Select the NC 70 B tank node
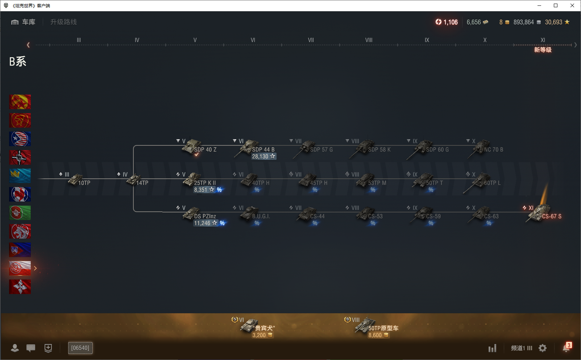click(x=482, y=148)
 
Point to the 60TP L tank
click(x=482, y=181)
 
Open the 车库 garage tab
click(x=24, y=22)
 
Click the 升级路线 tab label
click(x=63, y=22)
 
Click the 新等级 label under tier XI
click(x=543, y=50)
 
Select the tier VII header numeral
click(x=311, y=40)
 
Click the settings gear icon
click(x=543, y=348)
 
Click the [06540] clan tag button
click(x=80, y=348)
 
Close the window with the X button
click(x=572, y=5)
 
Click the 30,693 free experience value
click(x=553, y=22)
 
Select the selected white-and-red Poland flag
click(x=20, y=268)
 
